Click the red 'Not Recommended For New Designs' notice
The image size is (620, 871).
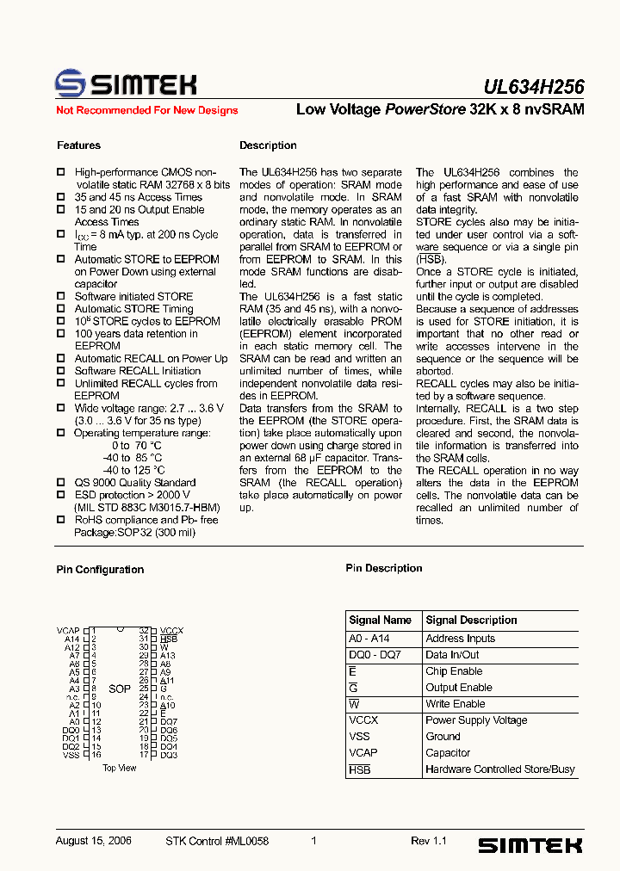pos(146,110)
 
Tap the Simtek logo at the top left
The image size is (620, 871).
pos(126,83)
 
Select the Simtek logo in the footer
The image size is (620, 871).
pos(530,845)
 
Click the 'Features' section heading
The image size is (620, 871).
pos(78,145)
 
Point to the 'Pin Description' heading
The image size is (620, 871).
pos(383,568)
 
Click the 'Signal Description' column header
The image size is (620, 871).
pos(471,620)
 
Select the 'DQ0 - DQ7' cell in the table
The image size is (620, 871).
pos(375,655)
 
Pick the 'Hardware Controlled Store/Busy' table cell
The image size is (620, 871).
pos(499,769)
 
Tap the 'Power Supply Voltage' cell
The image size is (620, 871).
pos(476,720)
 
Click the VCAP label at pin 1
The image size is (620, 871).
pos(68,631)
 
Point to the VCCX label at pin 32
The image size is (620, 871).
pos(171,631)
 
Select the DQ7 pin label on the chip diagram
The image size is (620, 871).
pos(169,722)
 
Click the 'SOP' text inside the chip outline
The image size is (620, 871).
pos(120,689)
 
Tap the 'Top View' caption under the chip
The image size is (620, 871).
pos(119,768)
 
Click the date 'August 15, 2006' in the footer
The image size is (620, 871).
pos(93,841)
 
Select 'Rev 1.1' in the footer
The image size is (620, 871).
pos(428,841)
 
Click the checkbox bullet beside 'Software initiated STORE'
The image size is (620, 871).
pos(60,297)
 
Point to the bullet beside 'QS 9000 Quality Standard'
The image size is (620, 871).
pos(60,484)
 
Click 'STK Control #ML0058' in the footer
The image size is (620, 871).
pos(217,841)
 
